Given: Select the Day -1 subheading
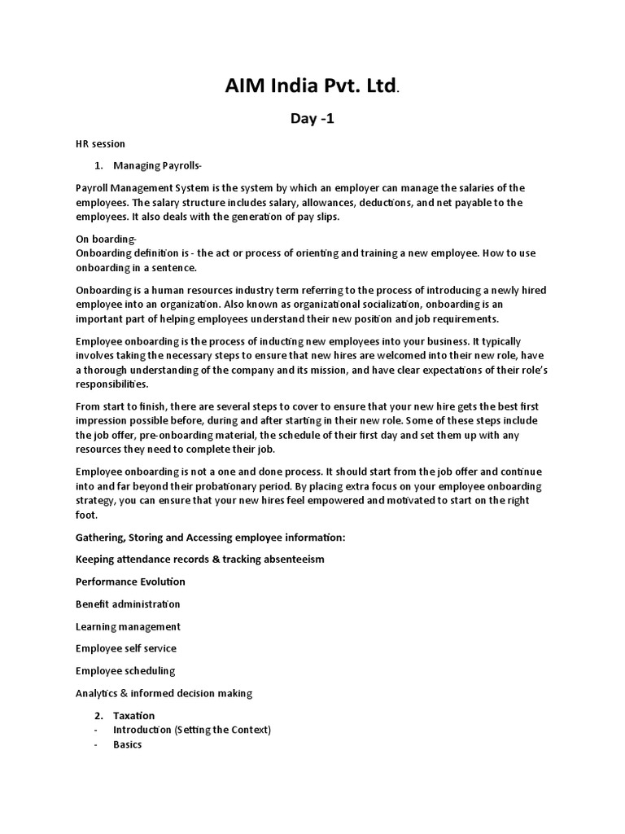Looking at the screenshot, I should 312,120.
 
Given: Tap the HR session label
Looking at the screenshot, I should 100,143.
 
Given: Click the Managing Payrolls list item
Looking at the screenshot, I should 157,165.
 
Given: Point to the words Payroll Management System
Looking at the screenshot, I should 138,188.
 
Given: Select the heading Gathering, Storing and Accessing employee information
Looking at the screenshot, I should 210,538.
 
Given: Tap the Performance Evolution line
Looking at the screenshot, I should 130,582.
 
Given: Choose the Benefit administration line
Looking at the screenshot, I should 128,604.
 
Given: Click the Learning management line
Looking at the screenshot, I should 128,626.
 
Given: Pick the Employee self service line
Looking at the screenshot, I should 125,648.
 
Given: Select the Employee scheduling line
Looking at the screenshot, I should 125,671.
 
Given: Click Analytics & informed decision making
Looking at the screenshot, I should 164,693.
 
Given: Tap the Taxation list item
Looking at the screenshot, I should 133,715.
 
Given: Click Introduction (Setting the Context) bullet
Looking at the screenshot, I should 191,730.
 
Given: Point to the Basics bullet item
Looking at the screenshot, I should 127,744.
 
